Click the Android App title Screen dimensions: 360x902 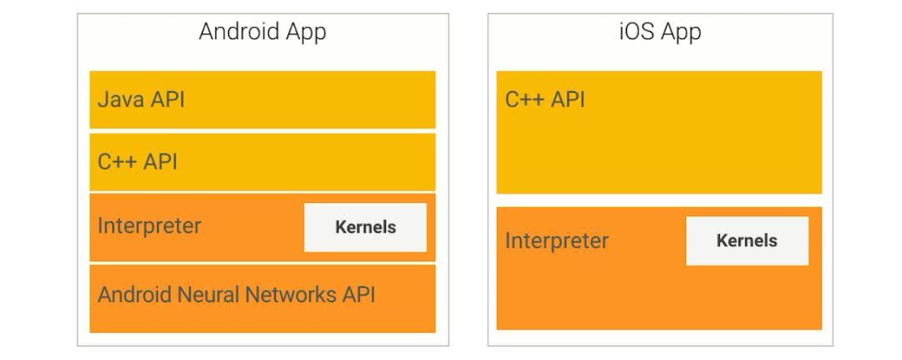point(262,33)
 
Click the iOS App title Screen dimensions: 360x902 point(660,33)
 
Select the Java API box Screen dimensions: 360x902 point(262,99)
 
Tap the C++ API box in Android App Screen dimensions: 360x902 point(262,161)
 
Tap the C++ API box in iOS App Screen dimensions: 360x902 point(659,132)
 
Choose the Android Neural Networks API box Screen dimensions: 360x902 point(262,297)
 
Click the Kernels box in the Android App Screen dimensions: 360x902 point(365,227)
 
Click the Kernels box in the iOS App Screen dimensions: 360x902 point(747,241)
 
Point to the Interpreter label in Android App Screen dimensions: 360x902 point(149,226)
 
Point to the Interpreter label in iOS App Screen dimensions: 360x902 point(557,241)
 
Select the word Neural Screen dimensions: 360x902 point(205,295)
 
